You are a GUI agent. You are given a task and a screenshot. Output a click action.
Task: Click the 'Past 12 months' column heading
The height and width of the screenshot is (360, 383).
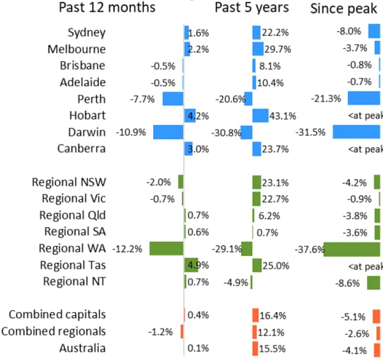107,8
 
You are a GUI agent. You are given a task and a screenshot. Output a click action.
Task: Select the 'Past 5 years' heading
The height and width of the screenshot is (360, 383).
252,8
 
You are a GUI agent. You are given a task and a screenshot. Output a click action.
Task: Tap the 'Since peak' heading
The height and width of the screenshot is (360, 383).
345,8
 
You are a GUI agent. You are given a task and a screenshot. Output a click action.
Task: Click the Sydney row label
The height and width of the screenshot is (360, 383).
87,33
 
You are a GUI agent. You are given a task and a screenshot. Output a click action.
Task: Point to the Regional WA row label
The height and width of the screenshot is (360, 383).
72,248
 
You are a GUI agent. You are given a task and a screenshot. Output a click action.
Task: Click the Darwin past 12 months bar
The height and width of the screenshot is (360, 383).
168,132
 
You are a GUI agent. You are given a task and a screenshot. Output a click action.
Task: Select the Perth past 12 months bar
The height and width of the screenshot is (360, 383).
172,99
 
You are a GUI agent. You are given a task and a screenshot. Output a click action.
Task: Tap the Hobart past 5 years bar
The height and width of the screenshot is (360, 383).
260,116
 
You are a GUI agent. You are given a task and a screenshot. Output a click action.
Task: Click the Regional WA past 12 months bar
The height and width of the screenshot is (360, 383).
166,248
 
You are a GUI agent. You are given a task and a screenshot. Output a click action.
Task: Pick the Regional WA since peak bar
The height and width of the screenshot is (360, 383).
352,248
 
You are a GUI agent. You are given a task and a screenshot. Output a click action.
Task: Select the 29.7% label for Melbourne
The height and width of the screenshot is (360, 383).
278,49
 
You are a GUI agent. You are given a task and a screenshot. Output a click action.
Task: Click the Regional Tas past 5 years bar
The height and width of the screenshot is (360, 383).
257,265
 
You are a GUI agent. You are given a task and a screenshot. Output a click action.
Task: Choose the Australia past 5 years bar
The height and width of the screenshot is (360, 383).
255,348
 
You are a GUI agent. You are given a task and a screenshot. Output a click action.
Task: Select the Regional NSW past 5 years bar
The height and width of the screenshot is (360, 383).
257,182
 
